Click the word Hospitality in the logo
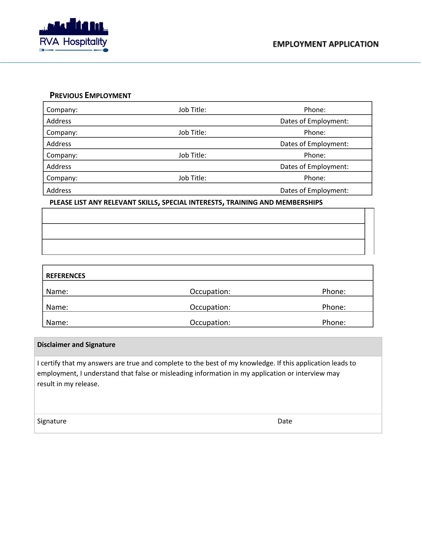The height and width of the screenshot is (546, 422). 85,42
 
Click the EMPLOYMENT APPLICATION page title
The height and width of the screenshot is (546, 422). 326,44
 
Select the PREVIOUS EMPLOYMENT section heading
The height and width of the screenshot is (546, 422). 90,96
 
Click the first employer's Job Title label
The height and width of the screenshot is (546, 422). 192,110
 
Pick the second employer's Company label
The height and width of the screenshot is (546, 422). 62,133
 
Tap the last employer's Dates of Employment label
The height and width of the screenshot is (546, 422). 314,191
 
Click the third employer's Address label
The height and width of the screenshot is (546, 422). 59,167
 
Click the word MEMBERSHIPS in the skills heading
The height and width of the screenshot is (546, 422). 299,202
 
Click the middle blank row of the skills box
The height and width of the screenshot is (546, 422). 203,231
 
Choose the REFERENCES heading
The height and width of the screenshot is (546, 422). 66,276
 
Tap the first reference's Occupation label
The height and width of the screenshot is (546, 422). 210,292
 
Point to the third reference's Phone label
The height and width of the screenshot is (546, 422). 334,323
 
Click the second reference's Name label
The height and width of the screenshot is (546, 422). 57,307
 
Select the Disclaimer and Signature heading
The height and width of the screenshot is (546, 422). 76,345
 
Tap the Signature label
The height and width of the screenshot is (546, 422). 52,421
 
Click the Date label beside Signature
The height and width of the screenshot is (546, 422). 285,421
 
